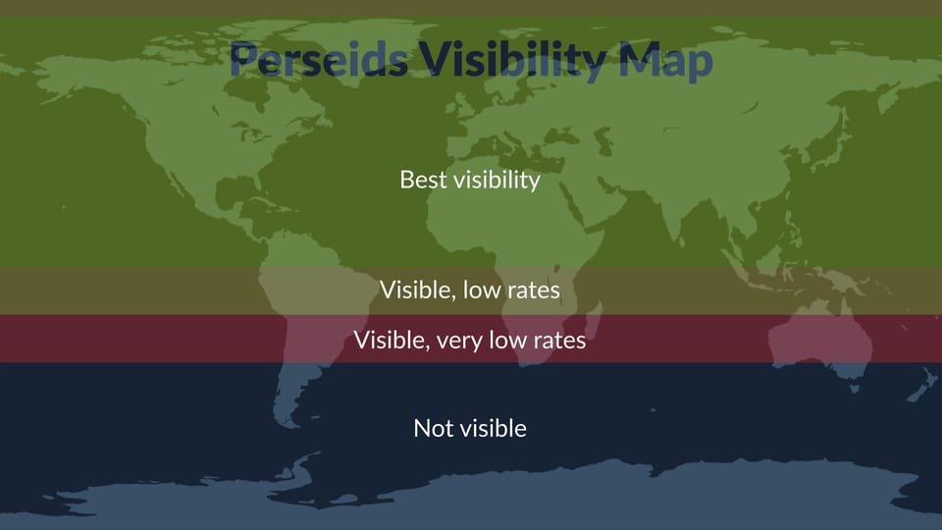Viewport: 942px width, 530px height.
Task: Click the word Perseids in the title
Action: point(318,61)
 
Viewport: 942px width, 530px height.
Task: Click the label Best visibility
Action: point(470,180)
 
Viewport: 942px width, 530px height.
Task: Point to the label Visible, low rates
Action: point(470,290)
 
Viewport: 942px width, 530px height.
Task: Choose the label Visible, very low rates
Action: point(470,340)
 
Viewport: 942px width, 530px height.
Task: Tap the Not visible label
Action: point(470,428)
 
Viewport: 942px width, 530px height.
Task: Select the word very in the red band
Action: point(464,340)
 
